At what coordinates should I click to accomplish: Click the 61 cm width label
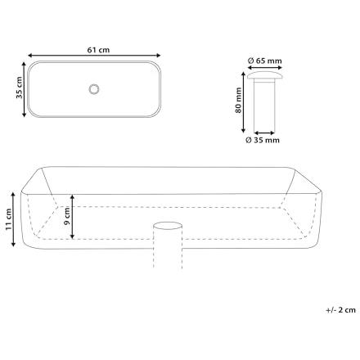(98, 50)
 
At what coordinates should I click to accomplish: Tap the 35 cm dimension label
(19, 88)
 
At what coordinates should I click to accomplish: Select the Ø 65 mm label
(264, 61)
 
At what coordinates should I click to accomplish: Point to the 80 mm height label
(238, 100)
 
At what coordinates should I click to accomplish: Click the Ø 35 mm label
(263, 140)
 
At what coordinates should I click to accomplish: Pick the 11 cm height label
(8, 219)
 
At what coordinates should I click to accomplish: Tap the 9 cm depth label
(67, 216)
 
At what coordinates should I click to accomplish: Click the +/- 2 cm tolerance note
(341, 310)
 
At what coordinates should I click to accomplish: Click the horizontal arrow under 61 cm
(94, 56)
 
